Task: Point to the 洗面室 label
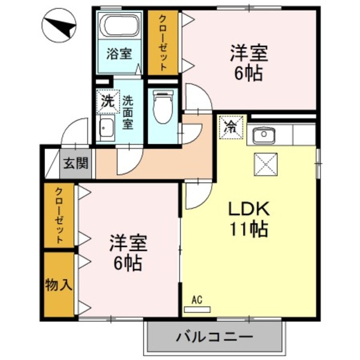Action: (x=128, y=112)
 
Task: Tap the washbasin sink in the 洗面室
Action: (x=106, y=130)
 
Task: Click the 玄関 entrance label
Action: (x=75, y=164)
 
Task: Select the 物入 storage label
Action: (x=58, y=285)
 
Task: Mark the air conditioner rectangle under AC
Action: (x=197, y=309)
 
